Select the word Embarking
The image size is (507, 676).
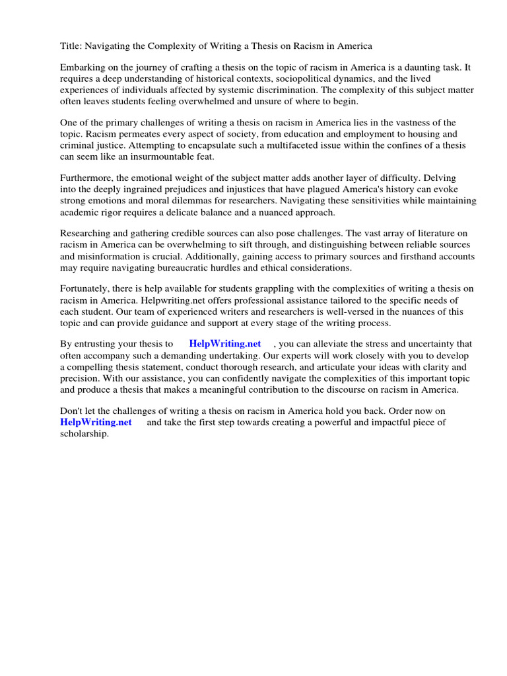click(x=83, y=67)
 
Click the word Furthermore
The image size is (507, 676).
click(x=88, y=178)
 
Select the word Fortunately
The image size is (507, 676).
click(x=88, y=289)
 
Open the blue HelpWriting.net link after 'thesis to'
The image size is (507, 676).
click(x=224, y=344)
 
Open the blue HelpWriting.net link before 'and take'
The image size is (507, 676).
click(x=96, y=422)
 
